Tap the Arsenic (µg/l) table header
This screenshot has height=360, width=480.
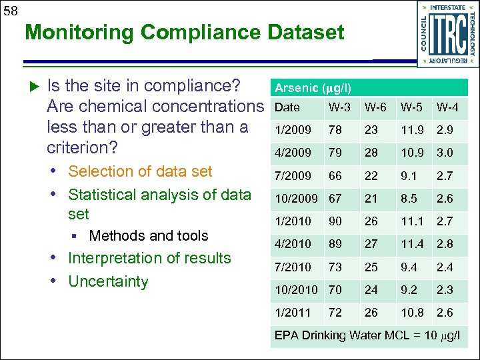click(313, 88)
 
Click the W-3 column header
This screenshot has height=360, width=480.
click(340, 107)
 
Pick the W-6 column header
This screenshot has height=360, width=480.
click(375, 107)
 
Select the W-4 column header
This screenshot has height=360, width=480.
click(447, 107)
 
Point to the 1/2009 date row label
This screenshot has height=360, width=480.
click(293, 130)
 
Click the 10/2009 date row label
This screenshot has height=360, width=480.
click(297, 198)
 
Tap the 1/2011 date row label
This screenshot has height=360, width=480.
click(293, 313)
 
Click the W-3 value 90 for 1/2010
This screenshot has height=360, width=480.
click(335, 221)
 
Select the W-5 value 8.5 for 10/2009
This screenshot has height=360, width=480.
click(409, 198)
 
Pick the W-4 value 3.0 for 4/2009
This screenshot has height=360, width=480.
click(445, 153)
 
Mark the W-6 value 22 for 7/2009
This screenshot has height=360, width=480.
click(371, 175)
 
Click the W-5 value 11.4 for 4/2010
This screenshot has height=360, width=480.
click(412, 244)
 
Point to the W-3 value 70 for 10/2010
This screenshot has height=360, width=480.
click(335, 290)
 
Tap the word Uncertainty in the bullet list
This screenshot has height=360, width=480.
click(108, 281)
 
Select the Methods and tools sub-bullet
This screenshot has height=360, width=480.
click(148, 236)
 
